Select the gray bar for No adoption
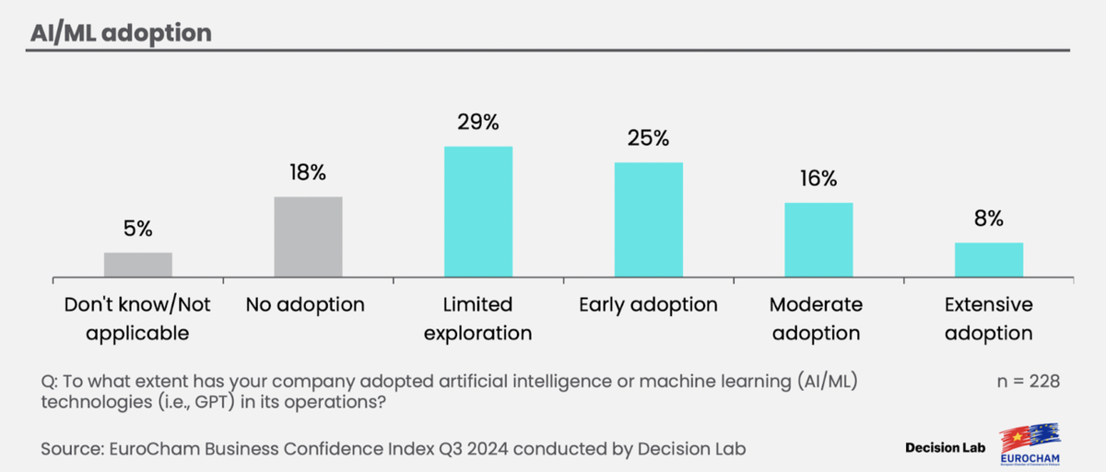[308, 237]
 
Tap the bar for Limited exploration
[477, 212]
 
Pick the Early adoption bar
[648, 219]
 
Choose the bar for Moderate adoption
[818, 240]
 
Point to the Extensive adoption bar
[988, 260]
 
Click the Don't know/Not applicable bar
[137, 265]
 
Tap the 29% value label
[477, 123]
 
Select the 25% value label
[648, 139]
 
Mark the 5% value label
[137, 229]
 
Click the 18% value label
[308, 173]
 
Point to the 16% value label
[818, 179]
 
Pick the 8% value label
[988, 219]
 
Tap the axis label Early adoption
[648, 304]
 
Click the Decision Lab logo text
[946, 448]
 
